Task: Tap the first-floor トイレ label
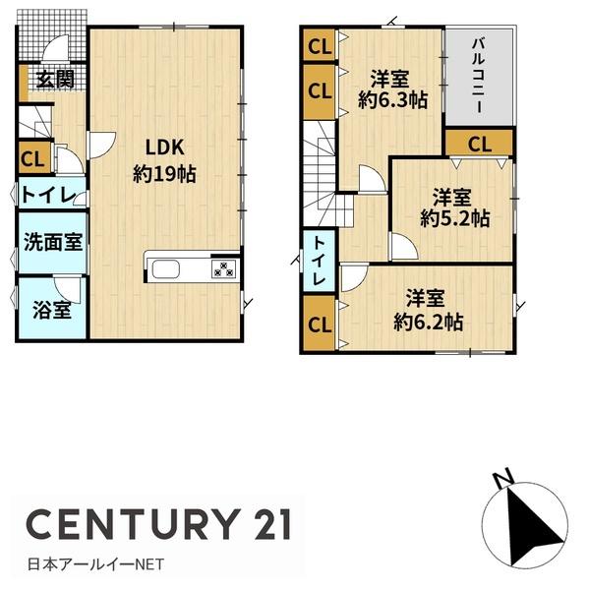[43, 195]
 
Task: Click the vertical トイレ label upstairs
[320, 262]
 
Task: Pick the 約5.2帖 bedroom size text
[454, 219]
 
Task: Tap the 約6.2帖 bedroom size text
[428, 321]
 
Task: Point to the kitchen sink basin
[163, 269]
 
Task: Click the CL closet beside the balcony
[478, 144]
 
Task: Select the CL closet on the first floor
[30, 156]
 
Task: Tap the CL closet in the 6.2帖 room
[319, 324]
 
